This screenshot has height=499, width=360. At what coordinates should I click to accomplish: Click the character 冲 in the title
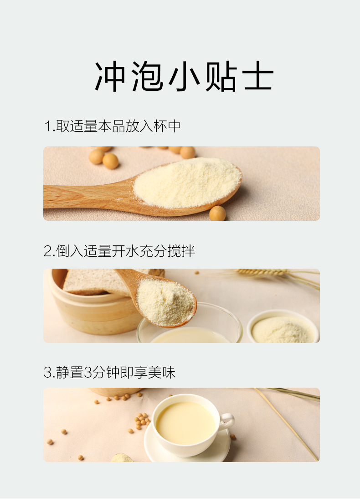coord(110,76)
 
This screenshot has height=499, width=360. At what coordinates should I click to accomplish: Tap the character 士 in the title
coord(257,76)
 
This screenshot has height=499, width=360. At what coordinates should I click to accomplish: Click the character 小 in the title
coord(184,76)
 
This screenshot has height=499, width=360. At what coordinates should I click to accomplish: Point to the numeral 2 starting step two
coord(48,251)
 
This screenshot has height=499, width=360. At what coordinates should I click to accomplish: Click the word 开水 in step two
coord(125,251)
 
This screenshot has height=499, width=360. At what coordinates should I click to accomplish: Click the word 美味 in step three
coord(162,372)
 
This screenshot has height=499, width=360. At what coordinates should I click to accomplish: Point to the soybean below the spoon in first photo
coord(217,213)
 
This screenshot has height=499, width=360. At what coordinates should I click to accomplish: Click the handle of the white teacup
coord(227,421)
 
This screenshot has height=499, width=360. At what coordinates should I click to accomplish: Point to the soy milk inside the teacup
coord(186,423)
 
